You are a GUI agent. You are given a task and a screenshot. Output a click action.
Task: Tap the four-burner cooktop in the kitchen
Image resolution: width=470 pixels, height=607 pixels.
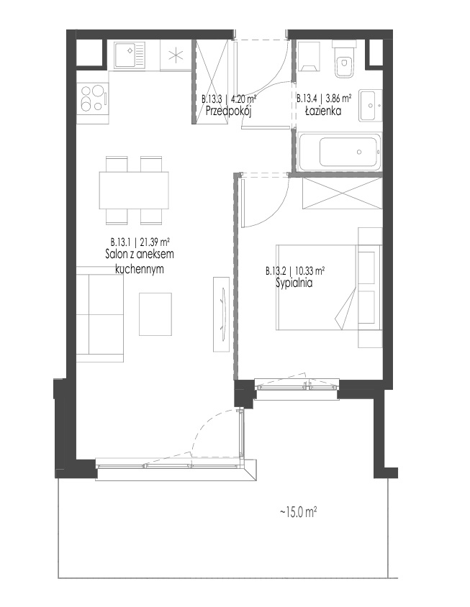click(93, 99)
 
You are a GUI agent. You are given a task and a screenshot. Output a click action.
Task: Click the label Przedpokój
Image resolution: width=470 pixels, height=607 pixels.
click(229, 111)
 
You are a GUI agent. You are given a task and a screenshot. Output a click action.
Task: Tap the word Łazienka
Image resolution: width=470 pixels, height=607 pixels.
click(323, 111)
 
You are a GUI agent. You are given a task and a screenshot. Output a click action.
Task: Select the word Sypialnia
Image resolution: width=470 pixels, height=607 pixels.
click(294, 283)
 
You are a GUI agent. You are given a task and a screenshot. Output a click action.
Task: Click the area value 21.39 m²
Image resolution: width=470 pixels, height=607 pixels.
click(155, 242)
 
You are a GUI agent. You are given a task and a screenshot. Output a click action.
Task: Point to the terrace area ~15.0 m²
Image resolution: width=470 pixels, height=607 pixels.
click(299, 513)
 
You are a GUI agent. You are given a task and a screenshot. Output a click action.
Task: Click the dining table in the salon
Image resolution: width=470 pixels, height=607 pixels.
click(134, 190)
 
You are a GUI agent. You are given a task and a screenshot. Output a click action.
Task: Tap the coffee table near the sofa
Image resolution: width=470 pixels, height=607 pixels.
click(155, 314)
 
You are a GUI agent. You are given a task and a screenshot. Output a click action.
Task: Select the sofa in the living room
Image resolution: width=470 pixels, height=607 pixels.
click(100, 314)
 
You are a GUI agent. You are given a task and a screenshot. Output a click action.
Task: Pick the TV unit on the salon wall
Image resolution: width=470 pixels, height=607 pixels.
click(221, 314)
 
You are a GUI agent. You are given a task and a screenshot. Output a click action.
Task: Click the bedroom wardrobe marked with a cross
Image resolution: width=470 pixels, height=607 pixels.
click(342, 193)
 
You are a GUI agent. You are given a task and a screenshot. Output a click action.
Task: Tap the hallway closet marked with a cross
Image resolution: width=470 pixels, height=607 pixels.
click(211, 82)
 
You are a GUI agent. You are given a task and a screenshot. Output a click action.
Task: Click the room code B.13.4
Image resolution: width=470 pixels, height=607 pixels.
click(309, 99)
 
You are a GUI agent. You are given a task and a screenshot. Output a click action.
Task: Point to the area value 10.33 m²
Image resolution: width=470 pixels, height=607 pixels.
click(309, 270)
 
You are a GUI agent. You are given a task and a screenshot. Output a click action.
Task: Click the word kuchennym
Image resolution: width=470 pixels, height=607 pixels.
click(140, 269)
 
